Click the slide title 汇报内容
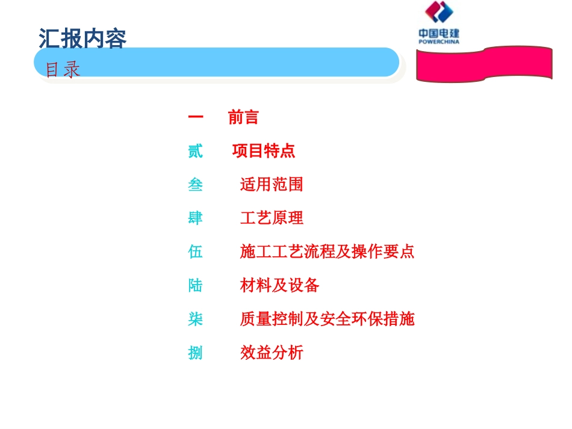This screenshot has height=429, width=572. (82, 39)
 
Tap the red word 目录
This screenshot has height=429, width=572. (63, 70)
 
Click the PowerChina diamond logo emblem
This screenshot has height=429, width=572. (439, 14)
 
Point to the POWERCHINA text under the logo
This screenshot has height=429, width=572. (439, 42)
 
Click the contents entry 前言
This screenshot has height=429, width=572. (243, 117)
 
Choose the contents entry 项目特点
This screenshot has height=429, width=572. (264, 151)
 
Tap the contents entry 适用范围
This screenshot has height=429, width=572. (271, 184)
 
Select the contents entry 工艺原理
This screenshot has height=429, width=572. (272, 218)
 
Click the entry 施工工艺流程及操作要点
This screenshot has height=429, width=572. (327, 252)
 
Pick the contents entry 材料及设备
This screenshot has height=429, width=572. (279, 285)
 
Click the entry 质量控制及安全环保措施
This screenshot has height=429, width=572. (327, 319)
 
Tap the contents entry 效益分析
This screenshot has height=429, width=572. (272, 353)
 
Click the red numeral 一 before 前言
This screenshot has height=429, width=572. (195, 117)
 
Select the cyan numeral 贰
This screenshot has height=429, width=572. (195, 151)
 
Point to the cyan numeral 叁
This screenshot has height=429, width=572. (195, 185)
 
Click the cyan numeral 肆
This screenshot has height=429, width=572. (195, 218)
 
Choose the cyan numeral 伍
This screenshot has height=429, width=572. (195, 252)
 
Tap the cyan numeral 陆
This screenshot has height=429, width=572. (195, 285)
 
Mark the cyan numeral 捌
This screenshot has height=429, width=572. (195, 353)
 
